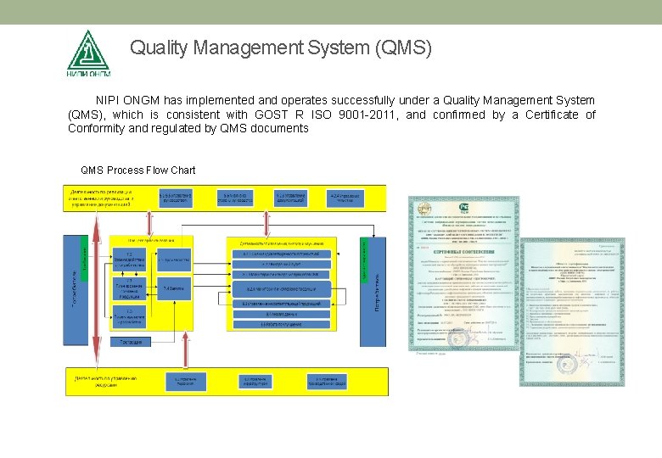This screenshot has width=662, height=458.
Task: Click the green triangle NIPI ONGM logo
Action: point(87,52)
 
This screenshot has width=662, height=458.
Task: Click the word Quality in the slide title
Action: point(159,49)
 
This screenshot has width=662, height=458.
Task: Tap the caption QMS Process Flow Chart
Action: point(137,170)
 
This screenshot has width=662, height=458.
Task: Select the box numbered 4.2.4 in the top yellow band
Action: point(345,198)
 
